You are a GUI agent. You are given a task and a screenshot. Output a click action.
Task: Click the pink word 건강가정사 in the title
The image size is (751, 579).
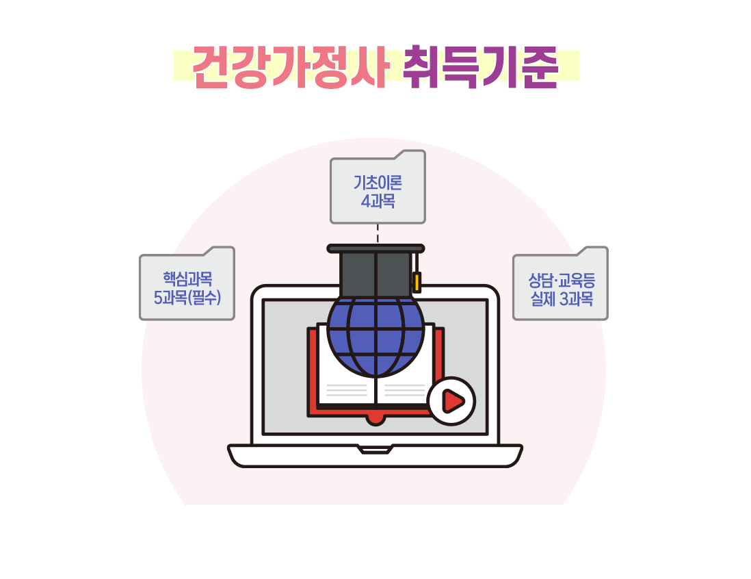coord(289,66)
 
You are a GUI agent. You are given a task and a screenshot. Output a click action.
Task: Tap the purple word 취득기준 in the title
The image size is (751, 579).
coord(480,66)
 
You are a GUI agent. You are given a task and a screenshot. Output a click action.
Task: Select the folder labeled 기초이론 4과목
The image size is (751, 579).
coord(378,187)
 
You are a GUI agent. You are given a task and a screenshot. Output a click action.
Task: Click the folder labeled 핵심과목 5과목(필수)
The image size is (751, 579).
coord(187,283)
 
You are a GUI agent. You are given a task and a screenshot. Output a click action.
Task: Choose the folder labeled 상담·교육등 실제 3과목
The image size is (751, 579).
coord(560,283)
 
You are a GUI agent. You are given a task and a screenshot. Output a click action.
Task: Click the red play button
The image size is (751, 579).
coord(451,401)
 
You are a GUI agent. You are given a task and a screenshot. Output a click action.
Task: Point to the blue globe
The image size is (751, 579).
coord(376,335)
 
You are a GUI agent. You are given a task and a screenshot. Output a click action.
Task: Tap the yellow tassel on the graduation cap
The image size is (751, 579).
coord(417,281)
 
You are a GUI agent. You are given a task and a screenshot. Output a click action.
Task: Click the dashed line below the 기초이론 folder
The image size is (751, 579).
coord(378,233)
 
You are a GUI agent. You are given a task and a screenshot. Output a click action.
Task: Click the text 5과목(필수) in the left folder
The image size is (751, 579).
coord(187,298)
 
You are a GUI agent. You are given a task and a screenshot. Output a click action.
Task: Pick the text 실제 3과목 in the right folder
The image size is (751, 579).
coord(562,298)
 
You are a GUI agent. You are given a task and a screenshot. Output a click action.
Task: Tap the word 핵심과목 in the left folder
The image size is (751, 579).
coord(187,279)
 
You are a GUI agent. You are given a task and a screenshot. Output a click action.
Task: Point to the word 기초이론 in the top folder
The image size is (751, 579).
coord(378,183)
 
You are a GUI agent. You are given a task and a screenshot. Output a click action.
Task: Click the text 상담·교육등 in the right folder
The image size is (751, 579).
coord(562,280)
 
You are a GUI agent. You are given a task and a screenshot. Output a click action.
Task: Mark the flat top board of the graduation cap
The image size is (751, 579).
coord(376,248)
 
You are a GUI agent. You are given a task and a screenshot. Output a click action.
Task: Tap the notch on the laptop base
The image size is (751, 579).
coord(375,449)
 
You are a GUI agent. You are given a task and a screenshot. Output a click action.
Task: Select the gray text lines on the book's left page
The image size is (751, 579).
coord(346,389)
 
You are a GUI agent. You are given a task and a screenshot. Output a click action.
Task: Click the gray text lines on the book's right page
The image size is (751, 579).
coord(404,389)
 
